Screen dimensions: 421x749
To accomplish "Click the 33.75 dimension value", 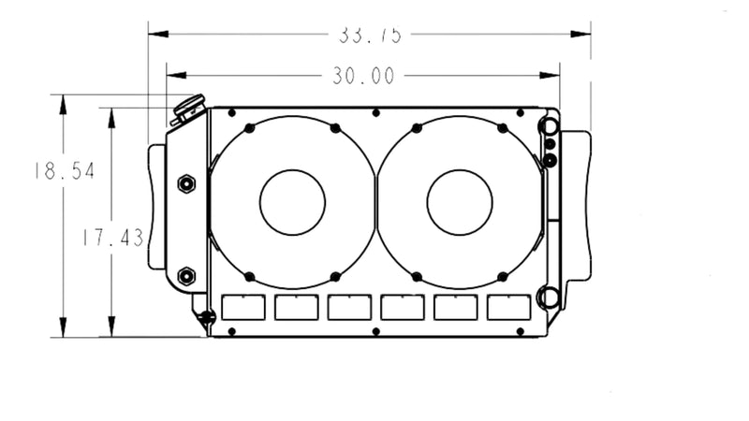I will tap(370, 35).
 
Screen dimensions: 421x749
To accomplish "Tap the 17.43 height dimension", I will tap(110, 238).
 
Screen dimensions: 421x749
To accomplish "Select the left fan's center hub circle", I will tap(292, 202).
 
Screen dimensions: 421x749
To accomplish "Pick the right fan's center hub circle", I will tap(459, 202).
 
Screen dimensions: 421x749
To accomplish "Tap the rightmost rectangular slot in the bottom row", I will tap(508, 307).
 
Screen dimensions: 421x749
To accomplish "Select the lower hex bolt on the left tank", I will tap(185, 275).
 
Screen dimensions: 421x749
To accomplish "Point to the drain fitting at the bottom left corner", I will tap(205, 319).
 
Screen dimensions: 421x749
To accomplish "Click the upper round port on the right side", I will tap(549, 125).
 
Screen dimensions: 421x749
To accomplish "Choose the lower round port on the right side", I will tap(549, 298).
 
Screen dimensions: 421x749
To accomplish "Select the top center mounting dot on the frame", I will tap(375, 112).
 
